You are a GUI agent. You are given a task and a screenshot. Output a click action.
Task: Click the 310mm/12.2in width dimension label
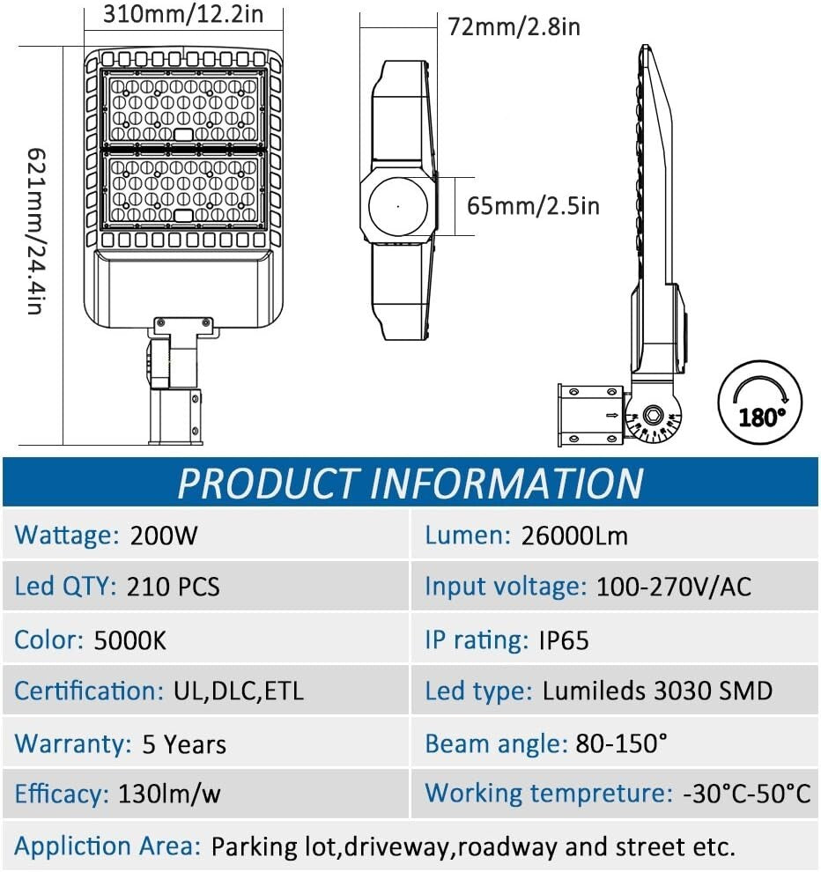coord(183,14)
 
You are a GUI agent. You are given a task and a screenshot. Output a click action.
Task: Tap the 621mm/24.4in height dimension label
coord(35,231)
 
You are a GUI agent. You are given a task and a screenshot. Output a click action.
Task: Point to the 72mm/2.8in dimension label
coord(514,26)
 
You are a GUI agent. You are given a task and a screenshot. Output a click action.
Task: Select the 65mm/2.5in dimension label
coord(533,206)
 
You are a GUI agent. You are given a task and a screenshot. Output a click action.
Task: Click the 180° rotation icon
coord(760,402)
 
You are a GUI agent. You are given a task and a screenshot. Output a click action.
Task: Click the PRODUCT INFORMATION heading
coord(410,483)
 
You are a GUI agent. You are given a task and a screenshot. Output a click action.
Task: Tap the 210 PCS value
coord(174,587)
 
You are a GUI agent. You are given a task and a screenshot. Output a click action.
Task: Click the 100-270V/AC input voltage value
coord(674,587)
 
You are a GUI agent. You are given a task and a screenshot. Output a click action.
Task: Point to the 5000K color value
coord(129,640)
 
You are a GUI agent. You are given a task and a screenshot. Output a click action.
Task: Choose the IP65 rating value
coord(564,640)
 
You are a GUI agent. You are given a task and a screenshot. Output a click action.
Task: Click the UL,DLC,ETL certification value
coord(239,691)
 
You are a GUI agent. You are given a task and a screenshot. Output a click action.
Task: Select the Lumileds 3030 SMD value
coord(657,691)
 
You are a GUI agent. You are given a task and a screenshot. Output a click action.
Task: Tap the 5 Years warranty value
coord(184,744)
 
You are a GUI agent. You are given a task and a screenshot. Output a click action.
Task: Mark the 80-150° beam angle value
coord(621,743)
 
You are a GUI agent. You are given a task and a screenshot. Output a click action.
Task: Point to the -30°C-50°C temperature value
coord(746,794)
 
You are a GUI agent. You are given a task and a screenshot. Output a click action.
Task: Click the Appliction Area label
coord(107,846)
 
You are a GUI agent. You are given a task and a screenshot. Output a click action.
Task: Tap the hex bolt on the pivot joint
coord(652,416)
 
